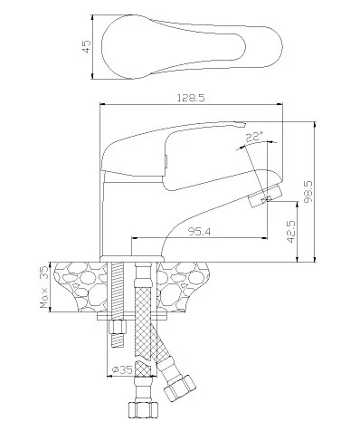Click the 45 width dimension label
click(87, 47)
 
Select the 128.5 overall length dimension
click(191, 98)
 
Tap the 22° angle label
click(254, 138)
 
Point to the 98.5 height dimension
click(308, 192)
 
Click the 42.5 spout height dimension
click(291, 231)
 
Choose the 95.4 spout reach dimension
click(199, 232)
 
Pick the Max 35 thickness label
click(44, 287)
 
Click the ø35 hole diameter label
click(122, 369)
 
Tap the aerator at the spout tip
click(265, 196)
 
